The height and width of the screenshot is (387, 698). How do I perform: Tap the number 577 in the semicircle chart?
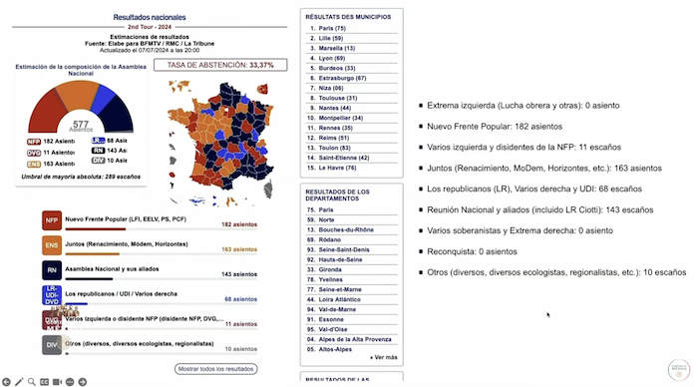(x=81, y=125)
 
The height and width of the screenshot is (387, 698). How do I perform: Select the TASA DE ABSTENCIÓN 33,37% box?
(x=220, y=65)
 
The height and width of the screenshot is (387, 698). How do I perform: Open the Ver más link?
(x=384, y=356)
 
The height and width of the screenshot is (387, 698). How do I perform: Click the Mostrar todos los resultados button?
(x=216, y=369)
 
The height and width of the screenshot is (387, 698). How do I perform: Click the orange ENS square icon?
(x=51, y=245)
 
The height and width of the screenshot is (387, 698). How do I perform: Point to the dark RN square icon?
(x=51, y=270)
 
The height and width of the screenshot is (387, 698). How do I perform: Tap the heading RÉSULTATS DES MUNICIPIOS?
(x=347, y=16)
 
